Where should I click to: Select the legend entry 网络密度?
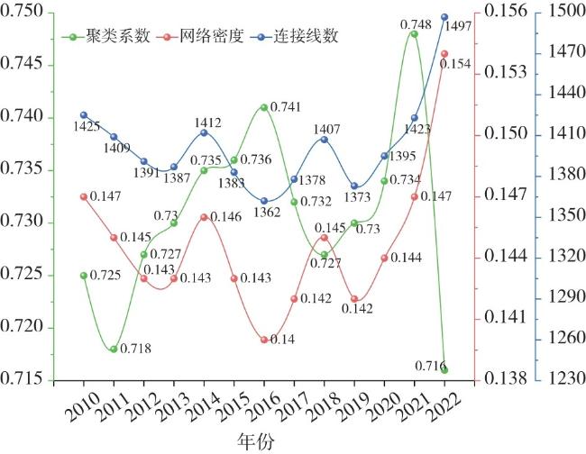[x=206, y=37]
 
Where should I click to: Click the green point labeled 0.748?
[x=414, y=34]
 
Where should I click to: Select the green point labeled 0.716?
[x=444, y=369]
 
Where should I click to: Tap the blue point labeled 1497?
[x=444, y=17]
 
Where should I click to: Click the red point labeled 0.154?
[x=444, y=53]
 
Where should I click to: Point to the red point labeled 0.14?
[x=264, y=340]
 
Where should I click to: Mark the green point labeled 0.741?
[x=264, y=107]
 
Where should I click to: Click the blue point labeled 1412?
[x=205, y=132]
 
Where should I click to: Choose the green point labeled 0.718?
[x=114, y=349]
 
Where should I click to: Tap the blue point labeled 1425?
[x=84, y=115]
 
